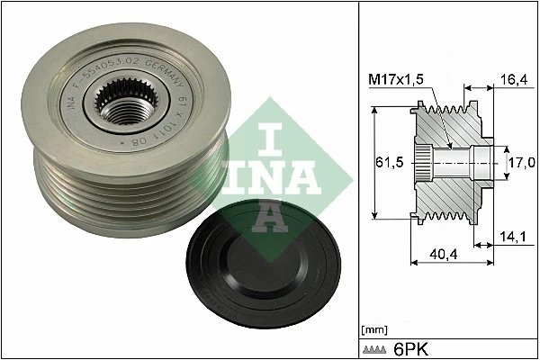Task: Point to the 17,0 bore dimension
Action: point(522,162)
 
